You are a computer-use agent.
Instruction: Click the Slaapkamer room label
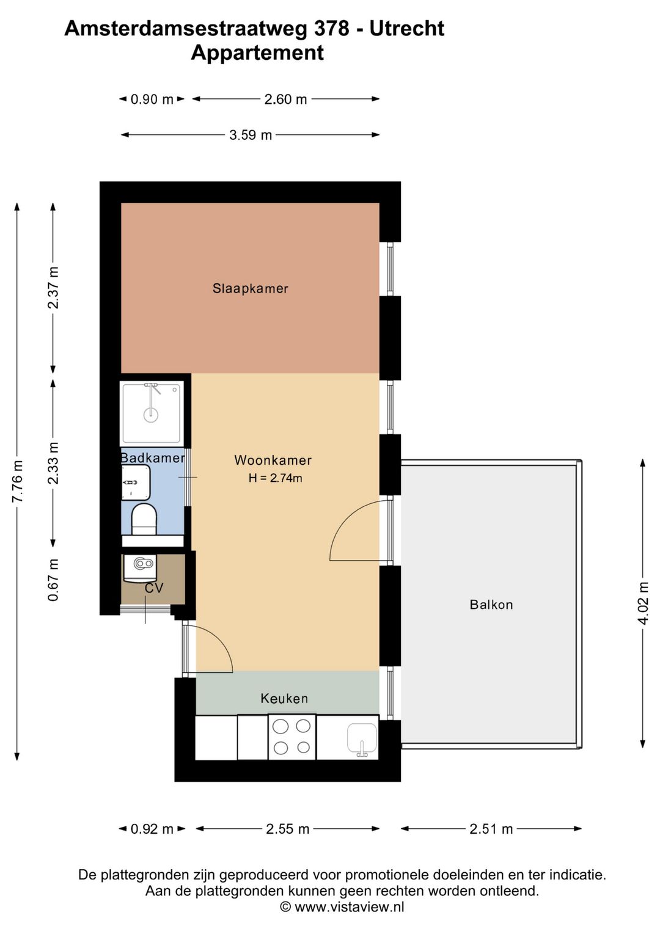pos(251,288)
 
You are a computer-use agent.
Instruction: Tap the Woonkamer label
pos(273,460)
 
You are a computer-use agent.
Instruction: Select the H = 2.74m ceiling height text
pos(275,478)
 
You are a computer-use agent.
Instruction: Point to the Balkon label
pos(491,604)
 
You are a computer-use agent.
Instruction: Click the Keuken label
pos(284,698)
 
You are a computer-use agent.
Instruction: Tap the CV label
pos(153,588)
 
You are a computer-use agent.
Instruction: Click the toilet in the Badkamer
pos(144,519)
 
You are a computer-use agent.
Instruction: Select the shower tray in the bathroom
pos(152,413)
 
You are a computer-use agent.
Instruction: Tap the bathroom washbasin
pos(136,482)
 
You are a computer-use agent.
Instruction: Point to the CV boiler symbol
pos(141,569)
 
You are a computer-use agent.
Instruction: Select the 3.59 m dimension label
pos(251,135)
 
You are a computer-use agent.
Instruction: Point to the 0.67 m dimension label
pos(53,580)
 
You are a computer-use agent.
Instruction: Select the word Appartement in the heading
pos(257,53)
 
